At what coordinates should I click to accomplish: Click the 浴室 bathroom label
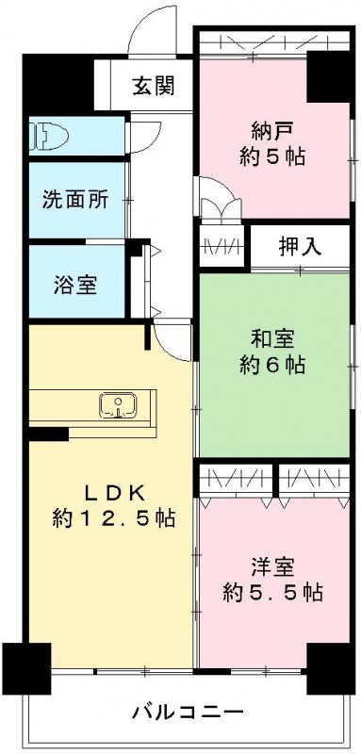(73, 284)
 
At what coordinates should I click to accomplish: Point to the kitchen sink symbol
(119, 406)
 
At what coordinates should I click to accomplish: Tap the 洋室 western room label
(273, 567)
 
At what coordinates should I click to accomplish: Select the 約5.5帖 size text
(273, 593)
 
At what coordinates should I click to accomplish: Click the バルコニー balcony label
(187, 710)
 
